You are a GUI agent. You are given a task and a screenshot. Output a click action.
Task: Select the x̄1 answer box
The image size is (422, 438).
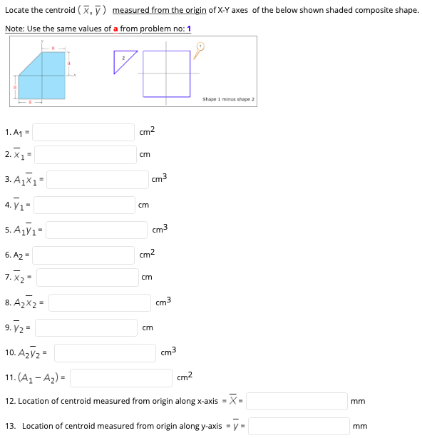tap(86, 154)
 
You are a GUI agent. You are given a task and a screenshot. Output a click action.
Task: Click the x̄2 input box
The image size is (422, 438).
tap(86, 277)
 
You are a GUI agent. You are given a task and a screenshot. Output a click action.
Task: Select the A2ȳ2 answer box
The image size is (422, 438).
tap(105, 352)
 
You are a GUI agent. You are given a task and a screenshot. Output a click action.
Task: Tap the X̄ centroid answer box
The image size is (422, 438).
tap(296, 401)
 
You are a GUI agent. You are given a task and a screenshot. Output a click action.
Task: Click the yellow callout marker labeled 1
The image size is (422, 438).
tap(200, 47)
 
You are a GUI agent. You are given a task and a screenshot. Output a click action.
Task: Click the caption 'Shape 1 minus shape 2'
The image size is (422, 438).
tap(228, 99)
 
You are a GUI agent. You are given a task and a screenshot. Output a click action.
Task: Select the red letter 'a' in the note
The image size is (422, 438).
tap(115, 29)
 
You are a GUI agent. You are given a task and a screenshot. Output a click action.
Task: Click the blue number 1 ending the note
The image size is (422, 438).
tap(189, 29)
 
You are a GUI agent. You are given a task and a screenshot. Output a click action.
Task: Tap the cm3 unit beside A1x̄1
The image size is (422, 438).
tap(158, 178)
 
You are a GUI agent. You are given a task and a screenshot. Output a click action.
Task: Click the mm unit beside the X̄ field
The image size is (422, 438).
tap(359, 401)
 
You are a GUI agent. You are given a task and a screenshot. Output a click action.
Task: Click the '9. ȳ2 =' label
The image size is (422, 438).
tap(19, 328)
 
